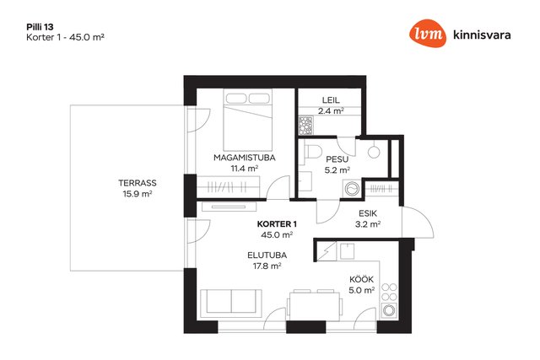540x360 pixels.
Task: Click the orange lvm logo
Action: [x=428, y=33]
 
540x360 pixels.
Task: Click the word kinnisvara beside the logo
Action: [x=482, y=35]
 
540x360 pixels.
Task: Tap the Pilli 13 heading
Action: [x=40, y=27]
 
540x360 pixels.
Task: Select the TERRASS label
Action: [x=138, y=183]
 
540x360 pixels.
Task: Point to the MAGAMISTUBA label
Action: [x=245, y=158]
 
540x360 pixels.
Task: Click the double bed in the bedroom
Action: [x=247, y=120]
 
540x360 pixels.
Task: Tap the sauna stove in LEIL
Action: [x=305, y=125]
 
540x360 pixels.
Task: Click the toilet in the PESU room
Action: [x=312, y=151]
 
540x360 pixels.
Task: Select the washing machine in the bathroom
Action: [x=352, y=189]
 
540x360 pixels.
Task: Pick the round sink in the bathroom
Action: [x=374, y=153]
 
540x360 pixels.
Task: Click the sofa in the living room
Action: [x=230, y=304]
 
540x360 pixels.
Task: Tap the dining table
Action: [x=315, y=306]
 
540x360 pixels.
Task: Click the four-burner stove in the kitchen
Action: [x=390, y=293]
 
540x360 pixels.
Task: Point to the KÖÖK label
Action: [x=361, y=279]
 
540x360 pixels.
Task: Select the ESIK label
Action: [x=368, y=213]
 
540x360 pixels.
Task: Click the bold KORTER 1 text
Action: [x=277, y=224]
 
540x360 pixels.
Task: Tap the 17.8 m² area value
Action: [x=267, y=266]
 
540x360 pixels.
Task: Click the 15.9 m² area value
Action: [x=138, y=194]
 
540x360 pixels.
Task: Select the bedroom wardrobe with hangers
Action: [x=228, y=187]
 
